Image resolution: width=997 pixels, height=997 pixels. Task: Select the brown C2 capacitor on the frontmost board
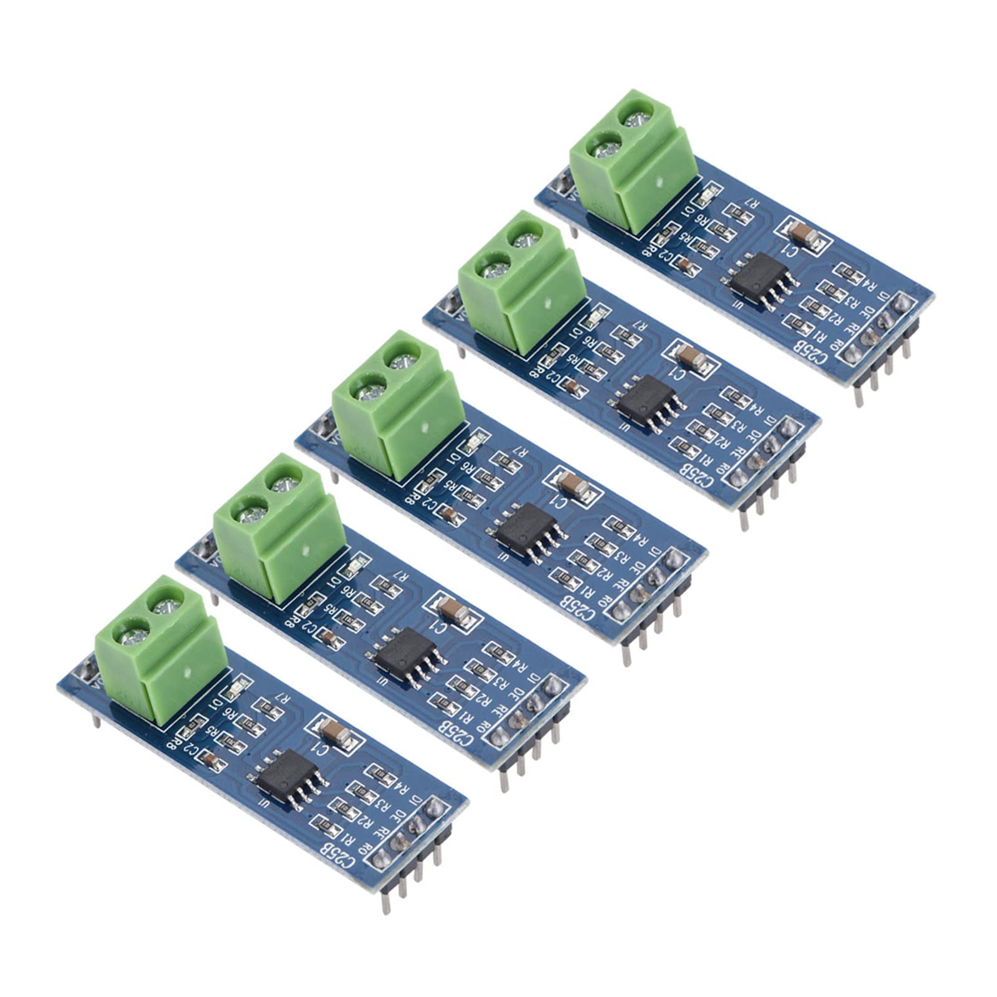click(x=211, y=760)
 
